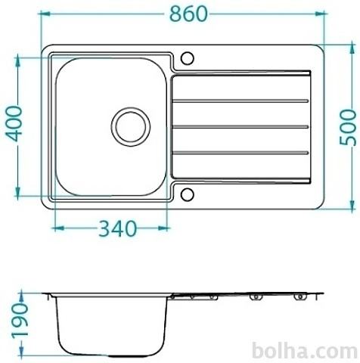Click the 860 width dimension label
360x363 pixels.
(188, 14)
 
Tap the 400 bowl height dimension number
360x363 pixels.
(14, 123)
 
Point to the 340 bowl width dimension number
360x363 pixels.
(117, 228)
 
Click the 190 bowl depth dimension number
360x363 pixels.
(20, 320)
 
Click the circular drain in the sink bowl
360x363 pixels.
(131, 127)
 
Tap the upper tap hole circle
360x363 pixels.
(188, 58)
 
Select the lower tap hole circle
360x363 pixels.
(188, 194)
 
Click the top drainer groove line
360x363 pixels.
(241, 101)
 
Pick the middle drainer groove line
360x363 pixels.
(241, 127)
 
